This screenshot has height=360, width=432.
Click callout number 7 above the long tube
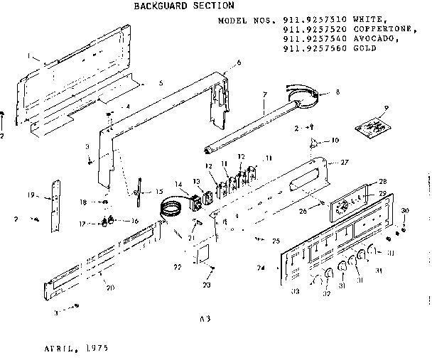[264, 94]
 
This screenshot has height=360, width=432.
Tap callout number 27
[345, 163]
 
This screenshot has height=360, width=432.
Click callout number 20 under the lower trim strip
[109, 288]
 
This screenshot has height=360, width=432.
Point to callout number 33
[293, 292]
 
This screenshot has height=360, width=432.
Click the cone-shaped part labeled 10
[312, 146]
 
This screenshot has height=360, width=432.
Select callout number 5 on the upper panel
[161, 83]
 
